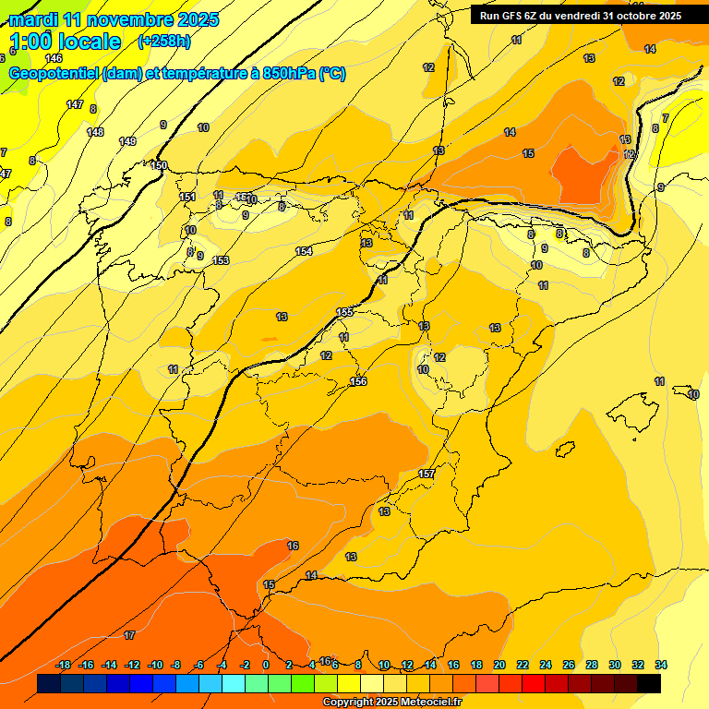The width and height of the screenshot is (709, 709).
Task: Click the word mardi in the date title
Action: point(35,19)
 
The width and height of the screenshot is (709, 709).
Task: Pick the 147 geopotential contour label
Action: point(75,104)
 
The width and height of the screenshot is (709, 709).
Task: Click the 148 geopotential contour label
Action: point(95,132)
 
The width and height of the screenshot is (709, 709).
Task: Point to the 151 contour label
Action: point(187,197)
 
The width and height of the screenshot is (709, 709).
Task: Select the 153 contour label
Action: point(221,260)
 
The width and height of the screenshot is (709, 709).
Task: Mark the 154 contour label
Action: point(304,251)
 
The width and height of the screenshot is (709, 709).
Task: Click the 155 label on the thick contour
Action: point(344,312)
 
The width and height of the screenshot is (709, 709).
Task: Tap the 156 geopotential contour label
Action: point(359,381)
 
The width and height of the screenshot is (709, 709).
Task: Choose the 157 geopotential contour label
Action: point(427,474)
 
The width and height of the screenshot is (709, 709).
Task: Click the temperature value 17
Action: point(129,635)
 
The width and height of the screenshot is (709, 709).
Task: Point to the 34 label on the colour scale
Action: point(661,665)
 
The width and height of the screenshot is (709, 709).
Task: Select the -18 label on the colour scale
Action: point(64,665)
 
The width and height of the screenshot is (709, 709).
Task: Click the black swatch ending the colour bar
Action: point(649,683)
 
